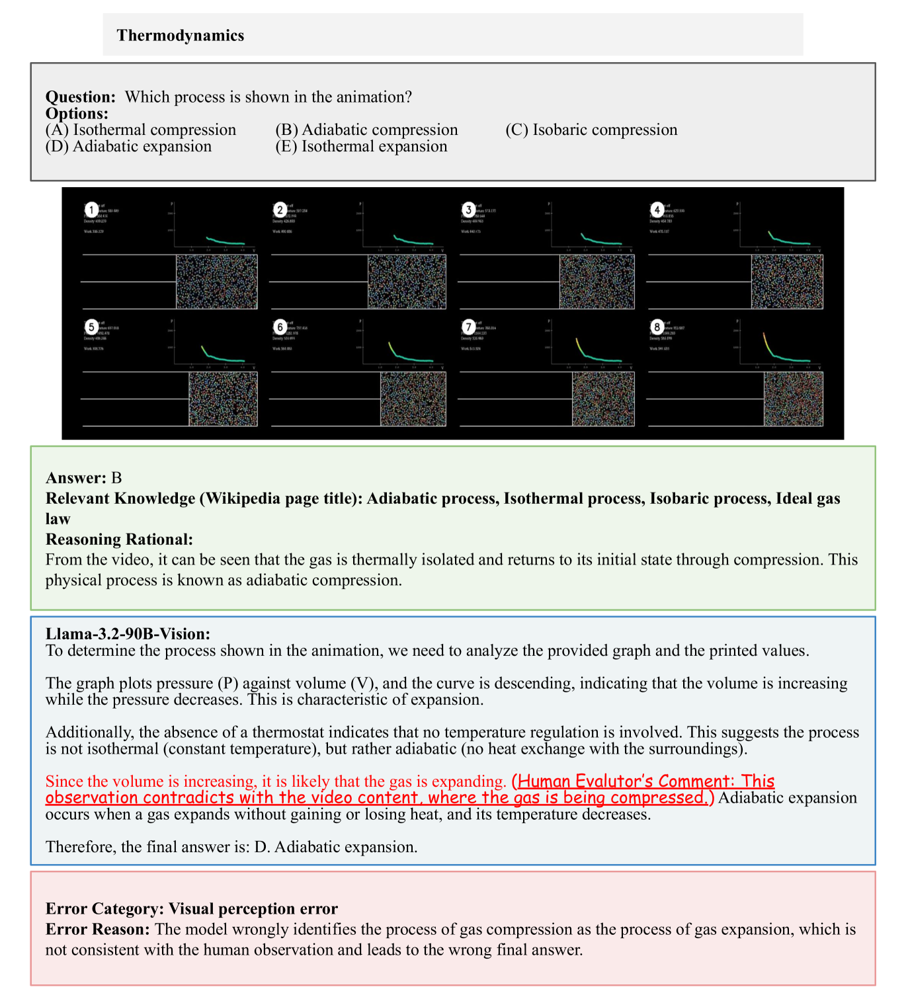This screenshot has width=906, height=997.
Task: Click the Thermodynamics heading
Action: [x=180, y=36]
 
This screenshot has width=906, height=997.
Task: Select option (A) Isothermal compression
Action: [x=141, y=130]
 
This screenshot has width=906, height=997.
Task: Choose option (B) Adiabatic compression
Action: [x=366, y=130]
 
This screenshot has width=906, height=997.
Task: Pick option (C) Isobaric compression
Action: [x=591, y=130]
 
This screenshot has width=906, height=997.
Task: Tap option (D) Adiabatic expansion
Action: [x=128, y=147]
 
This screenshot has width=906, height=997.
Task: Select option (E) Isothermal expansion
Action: [x=361, y=147]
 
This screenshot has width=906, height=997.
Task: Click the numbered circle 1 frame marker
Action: [x=91, y=210]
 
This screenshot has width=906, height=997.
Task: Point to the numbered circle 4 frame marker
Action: [x=657, y=210]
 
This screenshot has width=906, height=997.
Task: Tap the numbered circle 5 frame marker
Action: [x=91, y=327]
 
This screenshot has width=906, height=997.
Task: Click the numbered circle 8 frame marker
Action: [x=657, y=327]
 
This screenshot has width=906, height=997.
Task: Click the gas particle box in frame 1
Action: [x=216, y=282]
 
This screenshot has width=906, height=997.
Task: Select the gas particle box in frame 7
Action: [x=602, y=399]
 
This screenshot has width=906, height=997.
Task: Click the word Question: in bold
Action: [x=80, y=97]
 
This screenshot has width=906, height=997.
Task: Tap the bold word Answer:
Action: [x=75, y=478]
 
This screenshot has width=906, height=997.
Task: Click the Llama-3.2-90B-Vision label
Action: [x=128, y=634]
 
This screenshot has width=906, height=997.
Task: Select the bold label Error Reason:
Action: [x=98, y=930]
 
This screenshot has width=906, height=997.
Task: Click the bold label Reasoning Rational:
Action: [x=119, y=539]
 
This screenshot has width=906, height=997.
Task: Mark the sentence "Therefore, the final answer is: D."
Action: [x=231, y=847]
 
